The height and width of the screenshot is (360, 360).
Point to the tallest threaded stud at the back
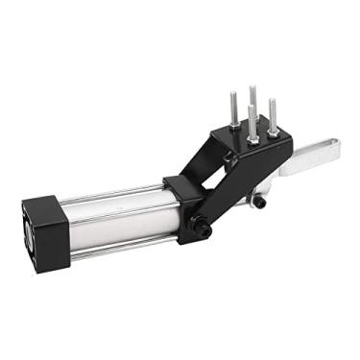click(252, 101)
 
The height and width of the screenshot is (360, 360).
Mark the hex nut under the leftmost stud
click(233, 124)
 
